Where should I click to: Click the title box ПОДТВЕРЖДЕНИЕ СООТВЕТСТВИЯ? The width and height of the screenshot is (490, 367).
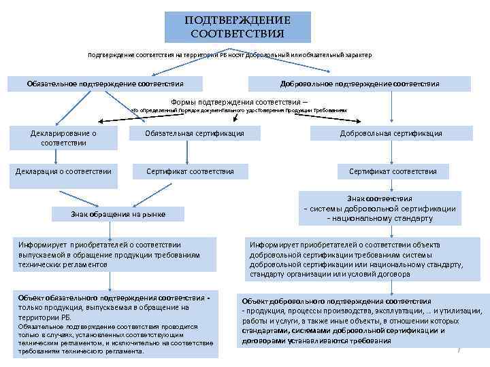pos(238,27)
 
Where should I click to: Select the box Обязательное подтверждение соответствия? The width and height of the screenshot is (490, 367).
pos(105,84)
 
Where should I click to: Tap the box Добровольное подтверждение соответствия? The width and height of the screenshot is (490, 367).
pos(359,84)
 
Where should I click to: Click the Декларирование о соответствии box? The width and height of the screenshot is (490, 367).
pos(63,138)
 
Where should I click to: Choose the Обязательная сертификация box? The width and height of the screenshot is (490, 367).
pos(195,133)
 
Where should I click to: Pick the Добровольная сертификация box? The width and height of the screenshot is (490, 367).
pos(391,133)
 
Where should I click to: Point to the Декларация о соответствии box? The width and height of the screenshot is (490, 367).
pos(63,171)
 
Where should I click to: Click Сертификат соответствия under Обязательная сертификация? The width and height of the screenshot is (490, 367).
pos(190,171)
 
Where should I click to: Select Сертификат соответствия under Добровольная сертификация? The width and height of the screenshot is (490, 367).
pos(393,171)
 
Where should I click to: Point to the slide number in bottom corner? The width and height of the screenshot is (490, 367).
pos(459,349)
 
